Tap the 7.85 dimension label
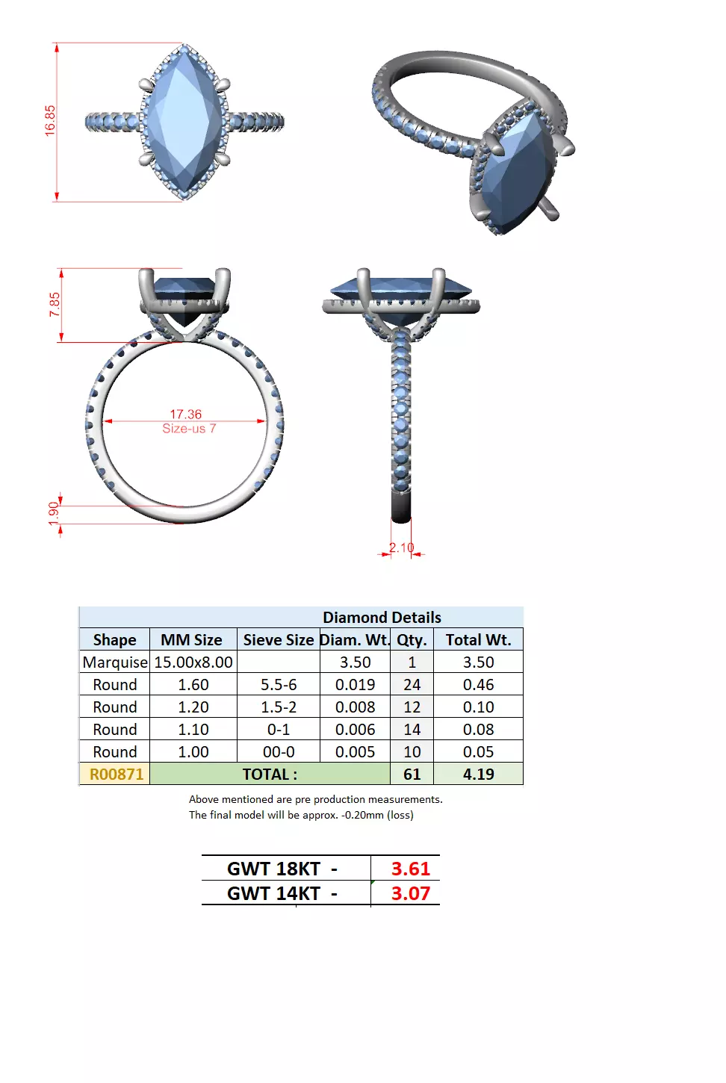(55, 304)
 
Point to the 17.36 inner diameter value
(185, 414)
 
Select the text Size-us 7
(189, 428)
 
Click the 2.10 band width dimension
(401, 547)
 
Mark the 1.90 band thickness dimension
(53, 513)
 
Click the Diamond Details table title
(382, 617)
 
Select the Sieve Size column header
(278, 639)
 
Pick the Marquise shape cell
(115, 662)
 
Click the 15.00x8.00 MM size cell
(193, 662)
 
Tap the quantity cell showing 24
(412, 684)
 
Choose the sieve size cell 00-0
(278, 751)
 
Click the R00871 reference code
(116, 774)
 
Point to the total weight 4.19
(478, 774)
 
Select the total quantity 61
(412, 774)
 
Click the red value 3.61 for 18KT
(410, 869)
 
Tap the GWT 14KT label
(273, 893)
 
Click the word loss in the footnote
(400, 815)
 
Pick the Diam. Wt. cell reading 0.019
(355, 684)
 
